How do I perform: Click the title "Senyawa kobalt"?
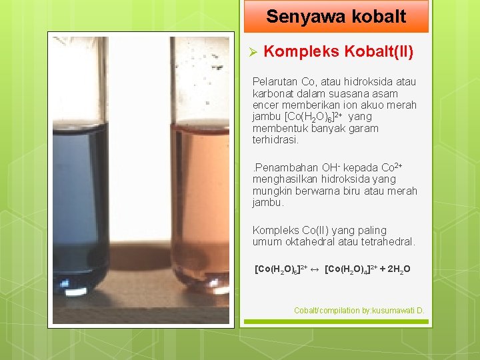point(335,17)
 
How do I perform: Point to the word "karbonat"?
point(273,93)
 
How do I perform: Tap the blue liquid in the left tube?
point(80,200)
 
